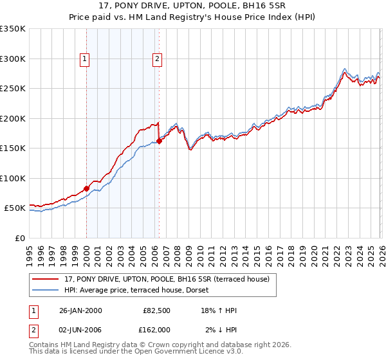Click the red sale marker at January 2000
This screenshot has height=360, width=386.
[x=86, y=189]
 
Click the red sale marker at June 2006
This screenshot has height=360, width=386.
[x=159, y=141]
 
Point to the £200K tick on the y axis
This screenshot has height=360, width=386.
[x=12, y=118]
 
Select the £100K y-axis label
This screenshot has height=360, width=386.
[x=12, y=178]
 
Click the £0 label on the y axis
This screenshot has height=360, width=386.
[x=19, y=238]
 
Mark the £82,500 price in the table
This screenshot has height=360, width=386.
[x=156, y=310]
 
